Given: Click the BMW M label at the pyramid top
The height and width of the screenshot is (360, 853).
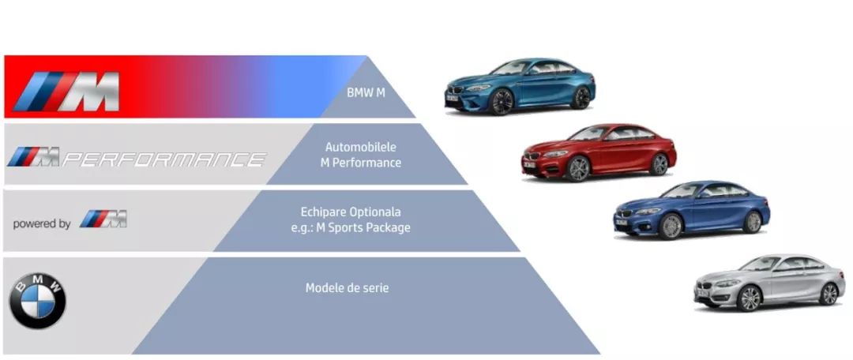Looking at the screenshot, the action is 366,92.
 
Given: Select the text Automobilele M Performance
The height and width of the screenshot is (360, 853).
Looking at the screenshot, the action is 361,155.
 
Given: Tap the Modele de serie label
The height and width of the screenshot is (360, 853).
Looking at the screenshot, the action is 347,287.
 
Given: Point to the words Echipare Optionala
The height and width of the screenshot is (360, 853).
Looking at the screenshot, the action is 351,212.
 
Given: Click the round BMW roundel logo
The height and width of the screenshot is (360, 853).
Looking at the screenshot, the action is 38,301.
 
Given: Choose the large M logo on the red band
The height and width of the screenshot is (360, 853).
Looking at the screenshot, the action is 66,91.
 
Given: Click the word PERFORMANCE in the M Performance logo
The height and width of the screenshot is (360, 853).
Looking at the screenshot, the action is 163,159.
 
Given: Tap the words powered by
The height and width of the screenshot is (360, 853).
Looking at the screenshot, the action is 42,223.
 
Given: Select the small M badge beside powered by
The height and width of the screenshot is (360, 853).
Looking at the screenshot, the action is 103,219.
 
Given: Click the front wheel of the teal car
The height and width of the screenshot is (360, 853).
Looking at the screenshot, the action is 502,102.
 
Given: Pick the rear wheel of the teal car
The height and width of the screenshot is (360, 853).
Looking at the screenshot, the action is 581,98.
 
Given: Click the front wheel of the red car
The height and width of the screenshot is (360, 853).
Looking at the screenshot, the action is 578,169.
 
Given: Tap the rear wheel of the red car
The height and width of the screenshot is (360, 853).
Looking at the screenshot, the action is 659,163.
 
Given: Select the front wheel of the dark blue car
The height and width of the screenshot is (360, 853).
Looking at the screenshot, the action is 671,227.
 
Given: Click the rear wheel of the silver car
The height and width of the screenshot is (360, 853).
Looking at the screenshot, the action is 829,294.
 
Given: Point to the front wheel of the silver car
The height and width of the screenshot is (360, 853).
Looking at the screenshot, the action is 749,298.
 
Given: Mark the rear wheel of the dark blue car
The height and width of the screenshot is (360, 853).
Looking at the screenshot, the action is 753,222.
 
